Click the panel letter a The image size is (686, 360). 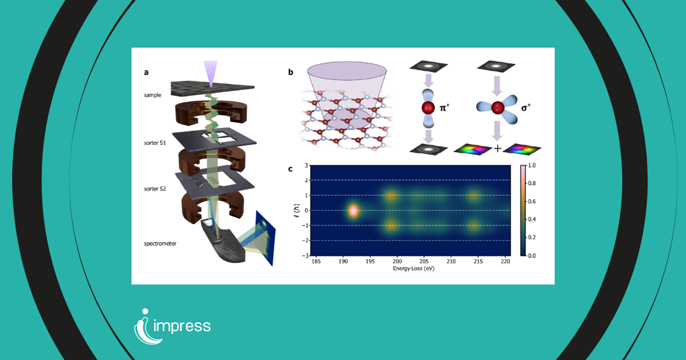coord(146,73)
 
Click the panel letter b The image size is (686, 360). coord(291,73)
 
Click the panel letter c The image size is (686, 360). coord(291,169)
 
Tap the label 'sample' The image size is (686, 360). coord(152,96)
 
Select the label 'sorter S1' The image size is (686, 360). coord(155,143)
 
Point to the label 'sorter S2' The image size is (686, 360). coord(155,189)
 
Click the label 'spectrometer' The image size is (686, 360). coord(160,244)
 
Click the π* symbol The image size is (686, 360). coord(445,108)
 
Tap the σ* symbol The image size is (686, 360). coord(526,108)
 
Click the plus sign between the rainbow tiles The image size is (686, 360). coord(498,149)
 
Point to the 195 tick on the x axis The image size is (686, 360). coord(371,261)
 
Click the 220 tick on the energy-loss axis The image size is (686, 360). coord(505,261)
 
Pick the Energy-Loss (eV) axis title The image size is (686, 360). coord(414,268)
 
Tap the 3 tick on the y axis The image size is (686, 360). coord(306,166)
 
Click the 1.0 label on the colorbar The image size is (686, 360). coord(532,166)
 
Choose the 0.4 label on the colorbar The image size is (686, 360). coord(532,219)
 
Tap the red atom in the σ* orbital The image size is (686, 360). coord(498,108)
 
